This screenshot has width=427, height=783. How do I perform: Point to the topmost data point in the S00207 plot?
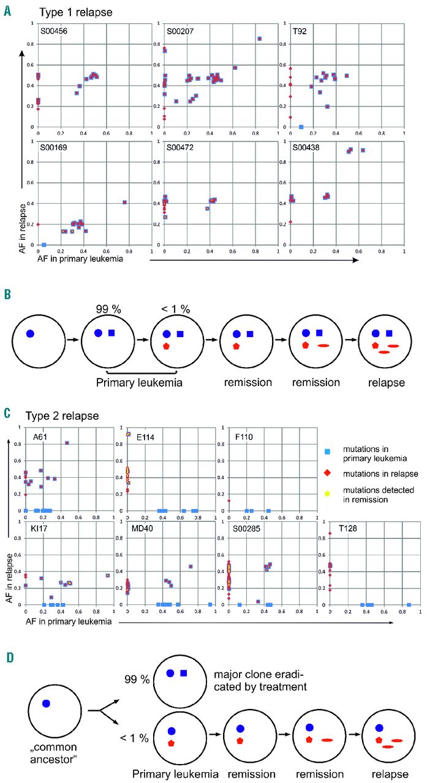[260, 39]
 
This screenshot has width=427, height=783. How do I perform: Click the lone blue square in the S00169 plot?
[44, 245]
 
